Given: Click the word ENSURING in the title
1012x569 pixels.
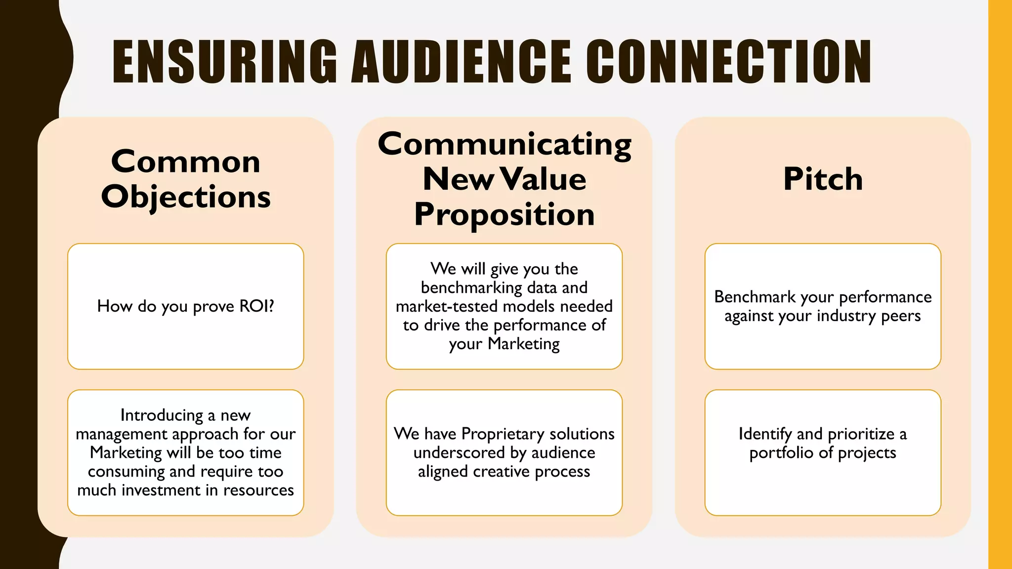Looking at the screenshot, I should (x=225, y=62).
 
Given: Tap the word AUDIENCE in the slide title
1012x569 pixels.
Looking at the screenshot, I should (x=461, y=62).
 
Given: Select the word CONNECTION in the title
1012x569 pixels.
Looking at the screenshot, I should (x=729, y=62).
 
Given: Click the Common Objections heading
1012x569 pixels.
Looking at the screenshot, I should (x=186, y=179).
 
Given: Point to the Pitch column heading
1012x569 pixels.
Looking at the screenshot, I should (x=823, y=179).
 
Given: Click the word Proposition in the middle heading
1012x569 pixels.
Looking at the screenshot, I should (x=504, y=214).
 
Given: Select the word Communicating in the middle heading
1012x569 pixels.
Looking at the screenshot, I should (x=504, y=144).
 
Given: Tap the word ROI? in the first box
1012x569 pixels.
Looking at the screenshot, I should (x=256, y=306).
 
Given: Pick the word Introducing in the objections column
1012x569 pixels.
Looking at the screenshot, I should (x=162, y=415).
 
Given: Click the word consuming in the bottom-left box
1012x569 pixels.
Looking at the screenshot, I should (x=126, y=471).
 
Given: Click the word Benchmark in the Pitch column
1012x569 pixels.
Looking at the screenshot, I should (x=755, y=297).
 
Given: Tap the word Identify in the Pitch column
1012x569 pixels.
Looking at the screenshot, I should (x=765, y=434).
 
